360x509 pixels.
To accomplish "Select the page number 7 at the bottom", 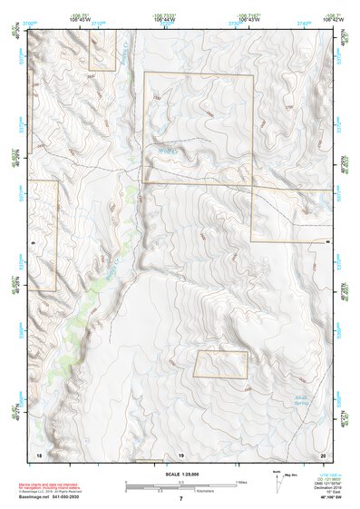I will pyautogui.click(x=180, y=499).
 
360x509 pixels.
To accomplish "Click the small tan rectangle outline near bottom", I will pyautogui.click(x=221, y=365).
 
